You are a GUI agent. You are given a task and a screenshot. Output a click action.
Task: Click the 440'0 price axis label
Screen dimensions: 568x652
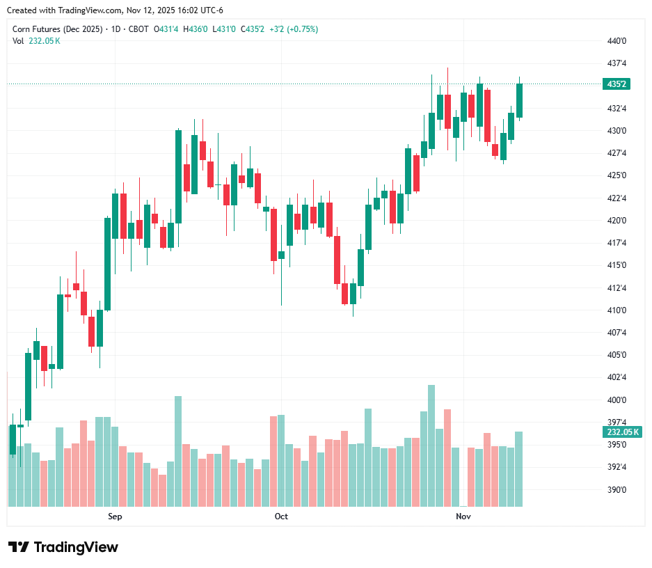(x=617, y=41)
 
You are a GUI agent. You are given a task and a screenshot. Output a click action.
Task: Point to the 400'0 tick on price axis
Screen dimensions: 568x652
(x=617, y=400)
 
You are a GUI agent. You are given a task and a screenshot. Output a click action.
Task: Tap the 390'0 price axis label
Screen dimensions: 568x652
(x=617, y=490)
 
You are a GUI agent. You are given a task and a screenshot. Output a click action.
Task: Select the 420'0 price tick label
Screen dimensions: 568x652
(x=617, y=221)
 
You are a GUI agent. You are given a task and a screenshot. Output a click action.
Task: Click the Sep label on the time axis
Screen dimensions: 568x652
(x=115, y=516)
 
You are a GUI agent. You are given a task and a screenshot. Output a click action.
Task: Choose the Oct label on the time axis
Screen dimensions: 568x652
(x=281, y=516)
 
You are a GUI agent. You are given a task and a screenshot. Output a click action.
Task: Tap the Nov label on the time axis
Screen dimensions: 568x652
(x=463, y=516)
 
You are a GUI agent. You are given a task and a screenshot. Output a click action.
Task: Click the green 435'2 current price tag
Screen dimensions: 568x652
(x=617, y=84)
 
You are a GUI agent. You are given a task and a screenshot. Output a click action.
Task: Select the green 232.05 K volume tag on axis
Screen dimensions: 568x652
(x=622, y=432)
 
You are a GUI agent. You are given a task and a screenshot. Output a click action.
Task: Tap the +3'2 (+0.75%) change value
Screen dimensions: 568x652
(x=294, y=29)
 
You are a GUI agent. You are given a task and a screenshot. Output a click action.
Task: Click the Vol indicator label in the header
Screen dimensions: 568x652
(x=18, y=40)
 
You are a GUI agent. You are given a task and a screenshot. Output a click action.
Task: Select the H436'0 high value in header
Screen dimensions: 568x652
(x=195, y=29)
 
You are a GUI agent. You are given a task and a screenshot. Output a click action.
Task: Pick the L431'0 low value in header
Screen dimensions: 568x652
(x=224, y=29)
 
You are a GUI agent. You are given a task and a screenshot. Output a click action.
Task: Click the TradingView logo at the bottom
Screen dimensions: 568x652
(x=63, y=547)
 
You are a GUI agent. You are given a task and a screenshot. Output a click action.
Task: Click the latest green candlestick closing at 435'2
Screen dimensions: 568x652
(x=519, y=101)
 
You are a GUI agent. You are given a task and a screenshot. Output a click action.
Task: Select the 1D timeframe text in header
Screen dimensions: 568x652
(x=116, y=29)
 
